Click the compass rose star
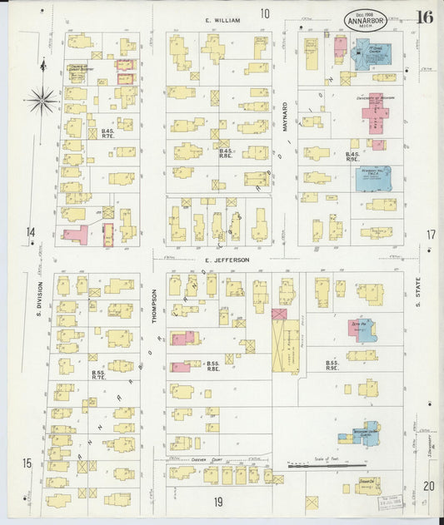[42, 101]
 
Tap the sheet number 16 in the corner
[425, 17]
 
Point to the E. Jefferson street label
[227, 260]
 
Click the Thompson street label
[154, 310]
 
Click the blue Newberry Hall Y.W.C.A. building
[372, 177]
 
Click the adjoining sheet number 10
[264, 13]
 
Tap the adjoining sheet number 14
[30, 233]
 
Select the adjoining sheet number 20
[428, 486]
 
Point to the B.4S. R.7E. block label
[107, 134]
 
